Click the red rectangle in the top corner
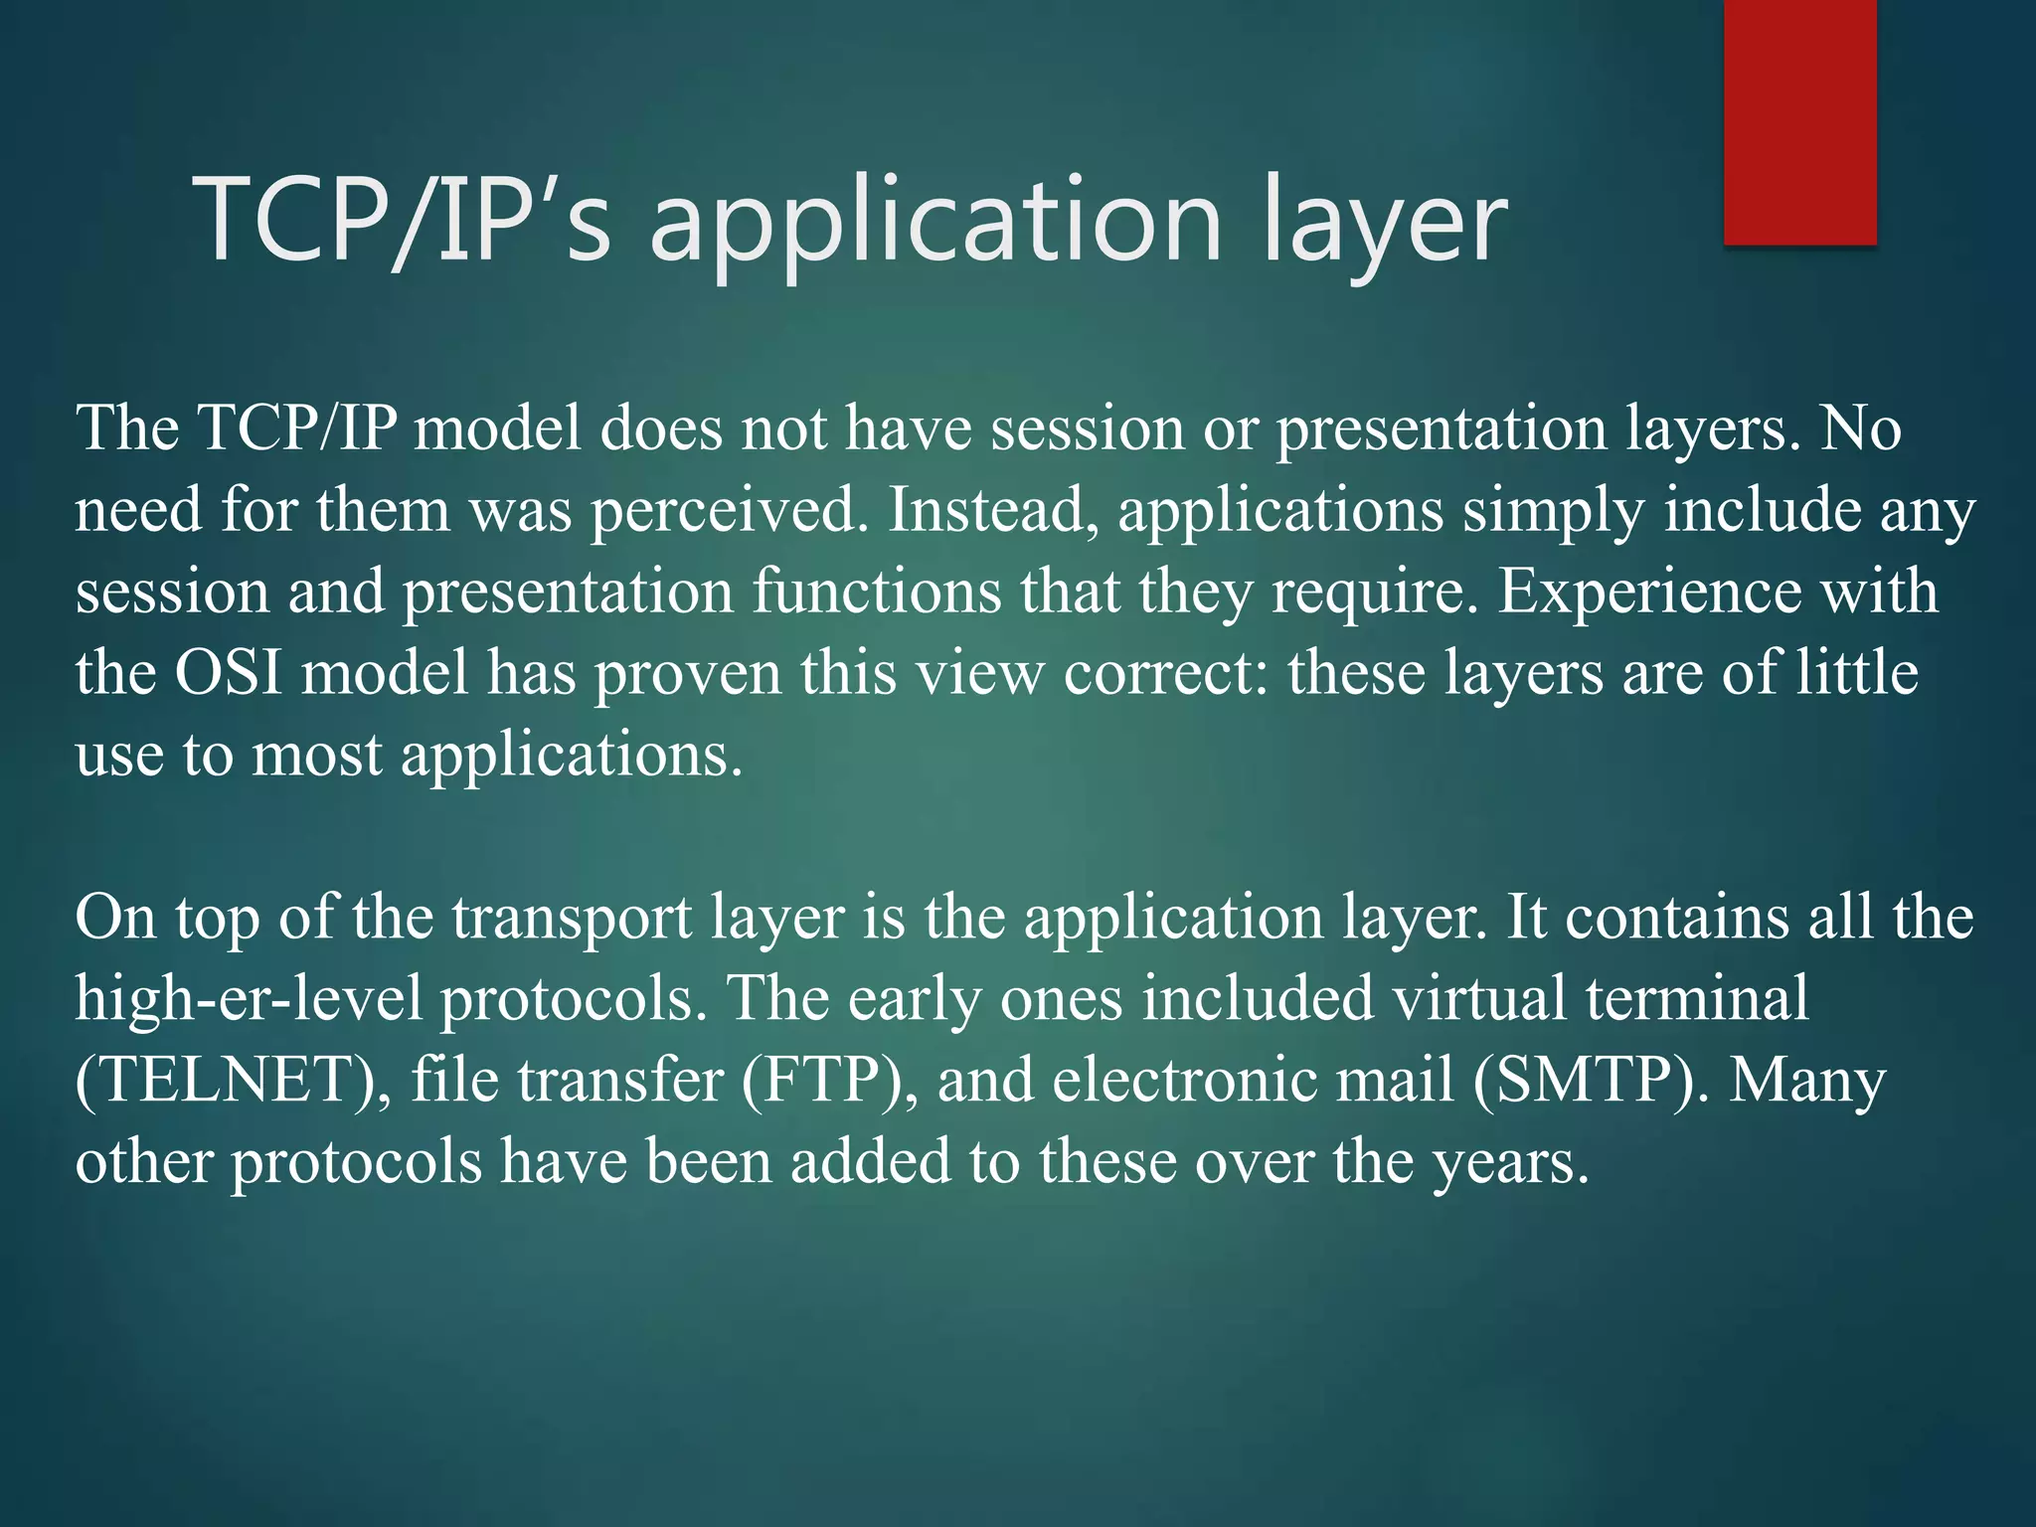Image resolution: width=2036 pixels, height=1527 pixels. tap(1799, 121)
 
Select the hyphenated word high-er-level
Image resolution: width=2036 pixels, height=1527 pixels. tap(249, 999)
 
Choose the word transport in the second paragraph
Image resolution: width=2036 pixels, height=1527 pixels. tap(573, 919)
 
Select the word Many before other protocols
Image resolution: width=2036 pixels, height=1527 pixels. tap(1807, 1081)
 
